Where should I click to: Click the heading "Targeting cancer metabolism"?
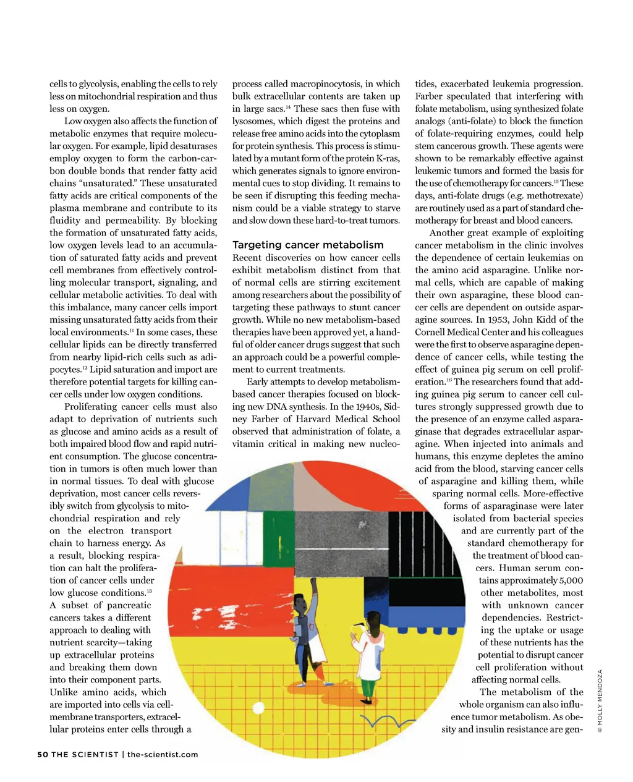click(307, 245)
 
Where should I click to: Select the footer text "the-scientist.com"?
click(163, 754)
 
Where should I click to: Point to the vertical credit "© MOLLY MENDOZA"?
click(600, 702)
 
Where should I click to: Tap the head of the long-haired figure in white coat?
click(373, 619)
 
